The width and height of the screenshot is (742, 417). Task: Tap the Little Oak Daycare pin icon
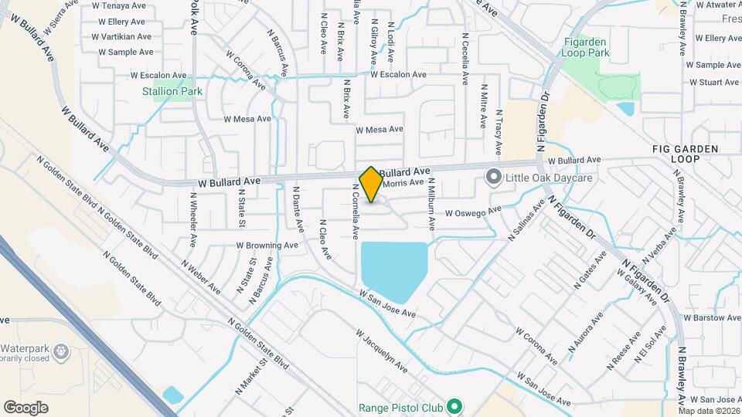494,178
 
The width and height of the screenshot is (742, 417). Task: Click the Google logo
26,407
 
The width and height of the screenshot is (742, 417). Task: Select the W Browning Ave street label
267,245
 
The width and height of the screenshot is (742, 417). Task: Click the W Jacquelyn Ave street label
382,353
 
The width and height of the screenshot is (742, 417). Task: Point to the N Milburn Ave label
432,205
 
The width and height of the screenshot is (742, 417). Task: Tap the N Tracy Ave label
499,131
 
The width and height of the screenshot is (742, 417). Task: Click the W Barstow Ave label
713,317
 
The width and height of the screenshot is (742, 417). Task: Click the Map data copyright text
709,411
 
